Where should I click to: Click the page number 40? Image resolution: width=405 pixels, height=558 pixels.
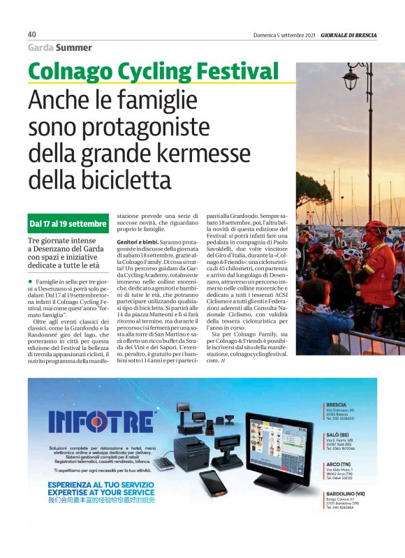coord(31,34)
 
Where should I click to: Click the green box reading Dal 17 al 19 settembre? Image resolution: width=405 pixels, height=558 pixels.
coord(67,225)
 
